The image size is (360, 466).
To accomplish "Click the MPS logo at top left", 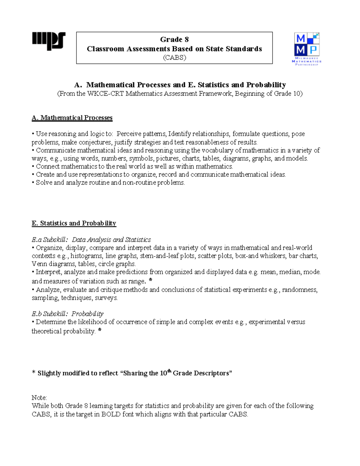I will coord(49,41).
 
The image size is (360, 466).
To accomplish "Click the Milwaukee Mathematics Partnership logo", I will coord(307,49).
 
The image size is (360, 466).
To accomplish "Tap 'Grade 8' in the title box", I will coord(174,40).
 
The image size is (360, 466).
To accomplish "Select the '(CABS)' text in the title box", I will coord(174,58).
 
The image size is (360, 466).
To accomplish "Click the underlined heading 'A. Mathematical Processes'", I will coord(72,118).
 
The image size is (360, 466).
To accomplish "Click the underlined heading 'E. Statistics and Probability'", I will coord(74,223).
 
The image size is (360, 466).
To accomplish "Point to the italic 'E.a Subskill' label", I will coord(50,240).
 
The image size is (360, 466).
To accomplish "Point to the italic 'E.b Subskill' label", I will coord(50,314).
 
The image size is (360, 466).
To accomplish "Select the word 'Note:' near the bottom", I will coord(39,398).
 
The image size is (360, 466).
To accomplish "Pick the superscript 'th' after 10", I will coord(169,371).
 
